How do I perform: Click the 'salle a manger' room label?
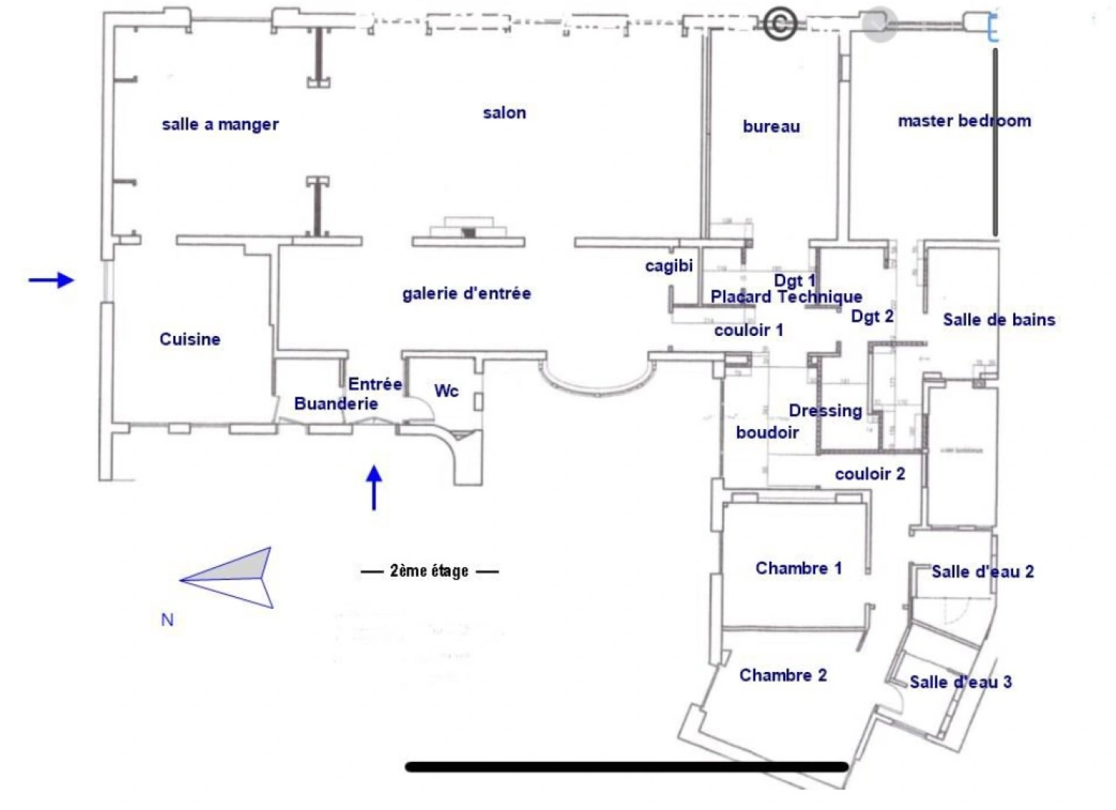coord(220,124)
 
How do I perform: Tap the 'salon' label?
coord(504,113)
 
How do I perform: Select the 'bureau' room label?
coord(771,127)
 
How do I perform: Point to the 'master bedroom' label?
coord(964,121)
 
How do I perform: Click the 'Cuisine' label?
coord(190,339)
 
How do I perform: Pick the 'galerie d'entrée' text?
coord(466,293)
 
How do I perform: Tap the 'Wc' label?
coord(446,391)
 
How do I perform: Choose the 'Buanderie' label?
coord(335,403)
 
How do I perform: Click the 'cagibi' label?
coord(668,265)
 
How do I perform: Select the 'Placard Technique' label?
coord(786,297)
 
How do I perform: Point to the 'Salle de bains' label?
coord(998,319)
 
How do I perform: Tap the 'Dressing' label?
coord(825,410)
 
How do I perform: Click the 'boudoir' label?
coord(767,432)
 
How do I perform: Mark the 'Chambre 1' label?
coord(798,568)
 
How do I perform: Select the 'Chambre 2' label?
coord(783,675)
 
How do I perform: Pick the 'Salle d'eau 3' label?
coord(960,682)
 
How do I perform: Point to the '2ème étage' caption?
coord(429,571)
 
